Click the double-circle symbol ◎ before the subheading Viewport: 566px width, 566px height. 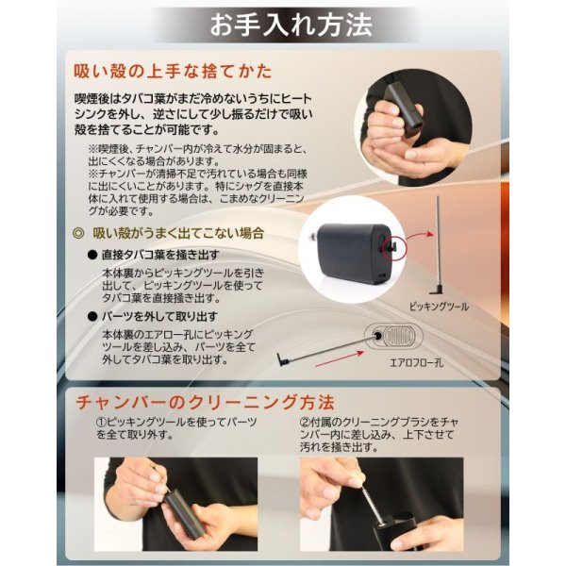coord(79,233)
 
